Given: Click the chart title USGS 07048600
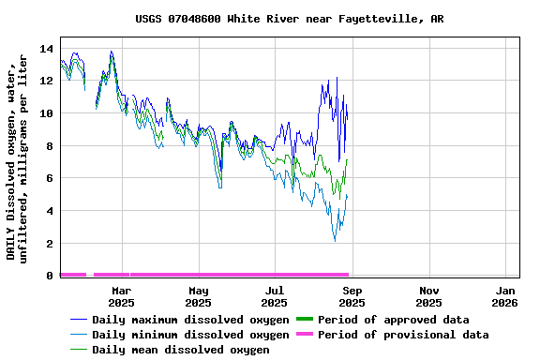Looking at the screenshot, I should click(x=290, y=19).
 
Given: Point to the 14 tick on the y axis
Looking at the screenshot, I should click(x=45, y=48).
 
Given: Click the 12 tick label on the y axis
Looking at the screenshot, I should click(x=45, y=81).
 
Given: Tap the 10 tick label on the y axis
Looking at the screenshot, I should click(x=45, y=113).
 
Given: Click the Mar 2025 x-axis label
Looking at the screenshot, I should click(x=121, y=296).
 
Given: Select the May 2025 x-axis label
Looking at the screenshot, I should click(x=198, y=296).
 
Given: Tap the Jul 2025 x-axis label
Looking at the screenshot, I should click(x=275, y=296).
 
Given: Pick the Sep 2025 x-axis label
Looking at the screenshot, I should click(x=352, y=296).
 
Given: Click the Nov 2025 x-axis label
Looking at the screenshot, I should click(x=428, y=296).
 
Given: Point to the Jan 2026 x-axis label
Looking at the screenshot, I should click(x=505, y=296).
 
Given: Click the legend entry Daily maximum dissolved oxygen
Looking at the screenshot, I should click(x=190, y=320).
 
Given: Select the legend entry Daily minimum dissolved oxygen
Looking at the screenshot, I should click(x=190, y=335).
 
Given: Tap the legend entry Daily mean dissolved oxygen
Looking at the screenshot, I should click(x=180, y=350).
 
